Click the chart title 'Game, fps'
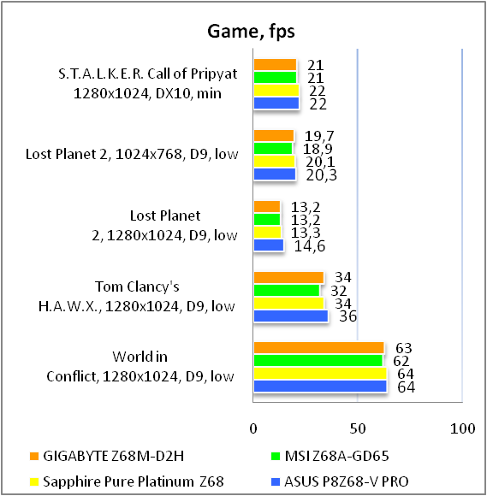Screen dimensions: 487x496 click(251, 32)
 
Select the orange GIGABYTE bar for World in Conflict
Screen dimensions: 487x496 click(319, 348)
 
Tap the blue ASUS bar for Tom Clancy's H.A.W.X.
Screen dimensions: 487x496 click(291, 316)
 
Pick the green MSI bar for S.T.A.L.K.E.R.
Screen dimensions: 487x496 click(275, 78)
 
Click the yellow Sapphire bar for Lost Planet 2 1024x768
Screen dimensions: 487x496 click(274, 162)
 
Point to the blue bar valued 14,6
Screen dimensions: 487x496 click(269, 245)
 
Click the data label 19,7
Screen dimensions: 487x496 click(319, 136)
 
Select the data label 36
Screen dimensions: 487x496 click(348, 316)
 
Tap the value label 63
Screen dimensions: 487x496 click(404, 348)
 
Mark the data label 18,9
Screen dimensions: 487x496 click(318, 149)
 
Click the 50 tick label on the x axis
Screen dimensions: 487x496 click(358, 428)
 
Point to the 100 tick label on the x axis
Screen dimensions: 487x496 click(463, 428)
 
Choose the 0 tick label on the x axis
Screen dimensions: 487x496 click(253, 428)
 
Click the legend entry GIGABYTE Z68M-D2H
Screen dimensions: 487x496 click(107, 456)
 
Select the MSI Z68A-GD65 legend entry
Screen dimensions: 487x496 click(330, 456)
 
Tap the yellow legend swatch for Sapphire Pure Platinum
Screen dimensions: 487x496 click(34, 481)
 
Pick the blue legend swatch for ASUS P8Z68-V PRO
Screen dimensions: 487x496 click(276, 481)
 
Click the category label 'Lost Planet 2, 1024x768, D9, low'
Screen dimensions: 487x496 click(132, 154)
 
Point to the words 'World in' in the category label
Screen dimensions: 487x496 click(140, 357)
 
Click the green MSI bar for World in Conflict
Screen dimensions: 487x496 click(318, 360)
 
